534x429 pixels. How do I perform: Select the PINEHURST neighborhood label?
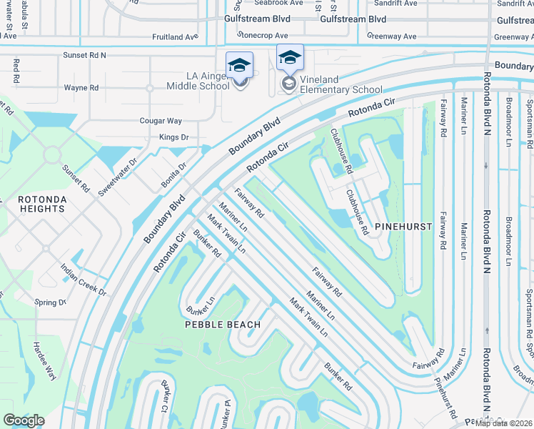tap(404, 227)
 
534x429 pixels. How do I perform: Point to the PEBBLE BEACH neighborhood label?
tap(222, 324)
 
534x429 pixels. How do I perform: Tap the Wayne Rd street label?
tap(81, 88)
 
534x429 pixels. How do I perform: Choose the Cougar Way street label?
tap(162, 122)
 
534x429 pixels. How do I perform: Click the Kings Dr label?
tap(173, 137)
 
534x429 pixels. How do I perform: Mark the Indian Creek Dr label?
tap(84, 282)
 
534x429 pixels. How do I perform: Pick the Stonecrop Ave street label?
tap(262, 35)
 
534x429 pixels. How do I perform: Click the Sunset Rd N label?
tap(84, 54)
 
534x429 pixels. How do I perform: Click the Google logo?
tap(24, 420)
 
